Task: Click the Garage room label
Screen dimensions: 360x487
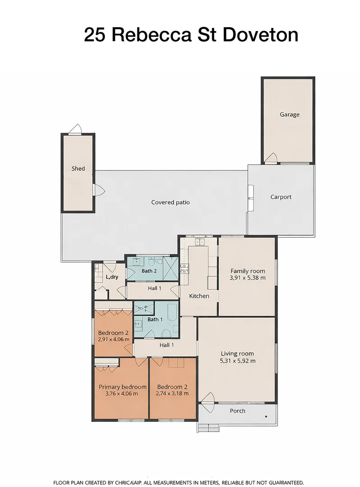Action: pyautogui.click(x=289, y=114)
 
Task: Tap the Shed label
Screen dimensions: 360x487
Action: pyautogui.click(x=78, y=168)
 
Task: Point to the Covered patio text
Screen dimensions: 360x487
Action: pyautogui.click(x=170, y=202)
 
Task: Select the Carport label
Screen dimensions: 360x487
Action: pyautogui.click(x=281, y=197)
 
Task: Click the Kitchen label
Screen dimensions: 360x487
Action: pyautogui.click(x=199, y=296)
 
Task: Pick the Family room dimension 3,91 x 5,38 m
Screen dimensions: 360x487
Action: pyautogui.click(x=247, y=278)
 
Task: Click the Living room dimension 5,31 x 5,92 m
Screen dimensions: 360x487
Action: pyautogui.click(x=237, y=361)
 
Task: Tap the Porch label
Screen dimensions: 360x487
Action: pyautogui.click(x=237, y=411)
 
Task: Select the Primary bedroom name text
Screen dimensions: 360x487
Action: pyautogui.click(x=122, y=387)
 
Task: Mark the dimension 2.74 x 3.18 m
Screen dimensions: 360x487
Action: pyautogui.click(x=172, y=394)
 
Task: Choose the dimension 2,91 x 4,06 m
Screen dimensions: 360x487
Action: pyautogui.click(x=113, y=339)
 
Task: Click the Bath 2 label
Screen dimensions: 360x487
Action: pyautogui.click(x=149, y=271)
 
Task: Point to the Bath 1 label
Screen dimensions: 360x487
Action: pyautogui.click(x=155, y=319)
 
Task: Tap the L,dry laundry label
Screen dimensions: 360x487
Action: pyautogui.click(x=112, y=277)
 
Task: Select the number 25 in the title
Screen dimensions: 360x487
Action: pyautogui.click(x=95, y=35)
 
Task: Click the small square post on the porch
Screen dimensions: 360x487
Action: pyautogui.click(x=266, y=417)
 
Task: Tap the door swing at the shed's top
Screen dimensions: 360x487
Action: pyautogui.click(x=75, y=129)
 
